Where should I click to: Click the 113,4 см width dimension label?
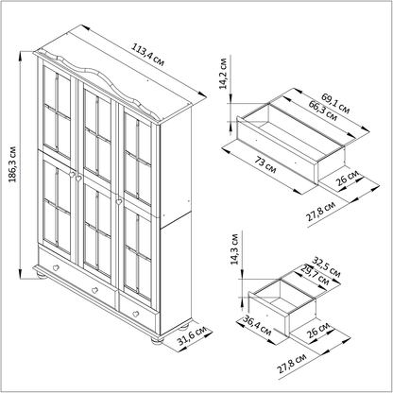tap(147, 56)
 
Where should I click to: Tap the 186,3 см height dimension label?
tap(12, 164)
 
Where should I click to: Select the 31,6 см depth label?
tap(192, 335)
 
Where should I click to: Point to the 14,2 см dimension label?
tap(223, 74)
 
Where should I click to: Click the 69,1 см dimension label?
tap(335, 103)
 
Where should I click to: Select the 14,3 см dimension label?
tap(234, 249)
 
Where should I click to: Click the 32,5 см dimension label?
tap(327, 267)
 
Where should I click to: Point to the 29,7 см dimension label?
tap(315, 275)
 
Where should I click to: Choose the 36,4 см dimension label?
tap(257, 326)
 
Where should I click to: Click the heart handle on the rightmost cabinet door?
tap(119, 201)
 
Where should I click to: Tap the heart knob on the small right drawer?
tap(136, 314)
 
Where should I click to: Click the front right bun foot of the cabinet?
tap(158, 340)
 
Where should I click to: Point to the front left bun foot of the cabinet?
tap(41, 276)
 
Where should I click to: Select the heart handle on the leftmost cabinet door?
tap(72, 174)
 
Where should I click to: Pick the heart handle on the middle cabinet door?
tap(78, 179)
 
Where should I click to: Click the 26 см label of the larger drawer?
tap(348, 178)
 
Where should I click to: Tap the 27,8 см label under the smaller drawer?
tap(292, 363)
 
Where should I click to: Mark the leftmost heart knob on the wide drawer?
tap(56, 268)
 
